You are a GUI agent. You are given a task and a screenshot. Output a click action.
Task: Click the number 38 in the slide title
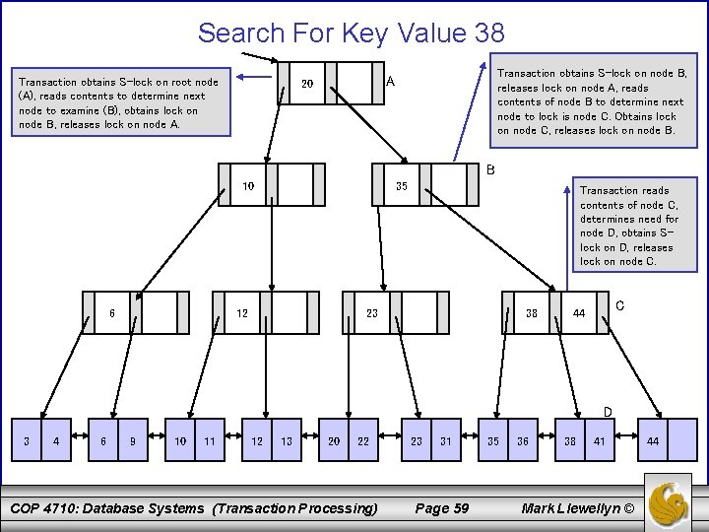(488, 33)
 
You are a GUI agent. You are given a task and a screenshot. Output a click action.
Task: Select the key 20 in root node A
(306, 85)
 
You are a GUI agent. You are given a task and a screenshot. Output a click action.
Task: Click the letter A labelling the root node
(391, 81)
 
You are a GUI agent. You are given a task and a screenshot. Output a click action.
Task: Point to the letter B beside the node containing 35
(490, 169)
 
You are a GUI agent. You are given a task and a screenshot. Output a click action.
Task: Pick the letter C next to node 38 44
(619, 306)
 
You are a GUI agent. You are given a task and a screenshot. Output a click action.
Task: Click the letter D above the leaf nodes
(608, 411)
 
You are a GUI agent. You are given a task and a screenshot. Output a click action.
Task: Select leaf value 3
(26, 441)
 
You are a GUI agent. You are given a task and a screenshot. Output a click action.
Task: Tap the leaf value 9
(132, 441)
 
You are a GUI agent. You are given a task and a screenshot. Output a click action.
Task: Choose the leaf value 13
(286, 441)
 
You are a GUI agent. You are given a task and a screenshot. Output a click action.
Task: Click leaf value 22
(363, 441)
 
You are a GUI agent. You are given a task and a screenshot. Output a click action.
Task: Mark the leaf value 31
(446, 441)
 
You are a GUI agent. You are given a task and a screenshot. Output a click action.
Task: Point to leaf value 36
(523, 441)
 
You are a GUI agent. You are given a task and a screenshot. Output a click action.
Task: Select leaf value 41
(600, 441)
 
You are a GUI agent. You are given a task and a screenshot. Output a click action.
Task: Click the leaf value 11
(209, 441)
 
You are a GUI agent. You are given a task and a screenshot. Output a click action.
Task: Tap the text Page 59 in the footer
(442, 508)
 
